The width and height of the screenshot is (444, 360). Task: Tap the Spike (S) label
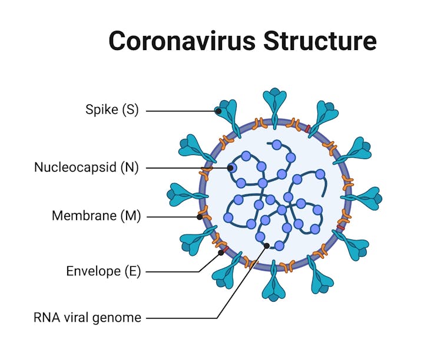coord(112,110)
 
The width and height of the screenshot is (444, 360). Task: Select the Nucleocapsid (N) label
coord(86,167)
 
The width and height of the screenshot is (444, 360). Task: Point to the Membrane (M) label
coord(97,216)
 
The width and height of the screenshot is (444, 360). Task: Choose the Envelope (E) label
coord(104,272)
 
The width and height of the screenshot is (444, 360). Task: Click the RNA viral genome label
coord(87,318)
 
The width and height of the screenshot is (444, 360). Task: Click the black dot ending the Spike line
coord(218,110)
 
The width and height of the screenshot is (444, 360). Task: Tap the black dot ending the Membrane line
coord(200,217)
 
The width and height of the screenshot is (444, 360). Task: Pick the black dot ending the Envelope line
coord(221,253)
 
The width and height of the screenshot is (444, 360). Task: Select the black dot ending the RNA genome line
coord(267,246)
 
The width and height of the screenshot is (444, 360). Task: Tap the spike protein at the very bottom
coord(274,285)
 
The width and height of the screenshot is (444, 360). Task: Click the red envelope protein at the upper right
coord(306,128)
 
